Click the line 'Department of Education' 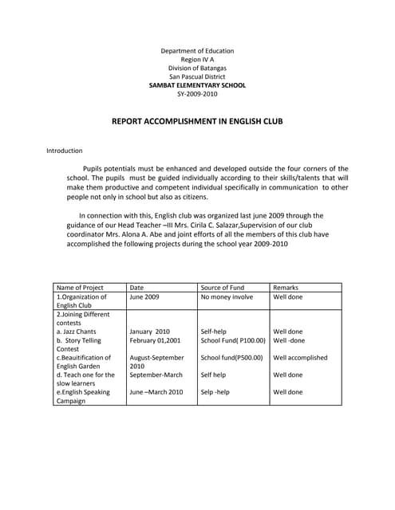(197, 51)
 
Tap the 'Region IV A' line (197, 60)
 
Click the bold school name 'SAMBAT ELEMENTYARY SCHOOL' (197, 85)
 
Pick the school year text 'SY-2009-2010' (197, 93)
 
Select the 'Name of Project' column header (80, 288)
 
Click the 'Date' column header (136, 288)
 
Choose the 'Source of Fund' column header (223, 288)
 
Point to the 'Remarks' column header (286, 288)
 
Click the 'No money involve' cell (227, 296)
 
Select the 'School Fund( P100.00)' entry (233, 340)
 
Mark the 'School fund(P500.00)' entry (231, 358)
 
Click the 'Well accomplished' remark (300, 358)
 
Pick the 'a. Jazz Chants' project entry (77, 331)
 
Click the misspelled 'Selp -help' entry (215, 392)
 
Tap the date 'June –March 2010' (156, 392)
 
